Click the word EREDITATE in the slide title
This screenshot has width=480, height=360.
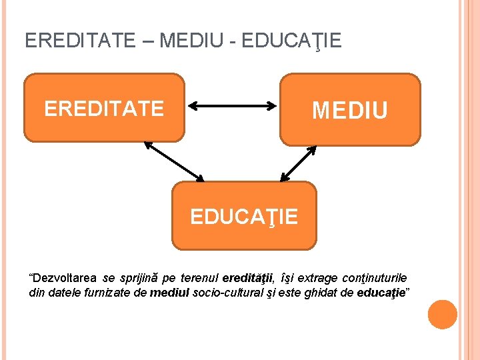tap(79, 41)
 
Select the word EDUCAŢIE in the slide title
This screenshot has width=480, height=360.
tap(292, 41)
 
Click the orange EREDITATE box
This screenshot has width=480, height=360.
tap(104, 108)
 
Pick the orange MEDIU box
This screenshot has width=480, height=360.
tap(350, 109)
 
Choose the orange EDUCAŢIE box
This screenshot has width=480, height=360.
tap(244, 215)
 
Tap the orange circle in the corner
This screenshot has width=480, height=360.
tap(442, 315)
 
